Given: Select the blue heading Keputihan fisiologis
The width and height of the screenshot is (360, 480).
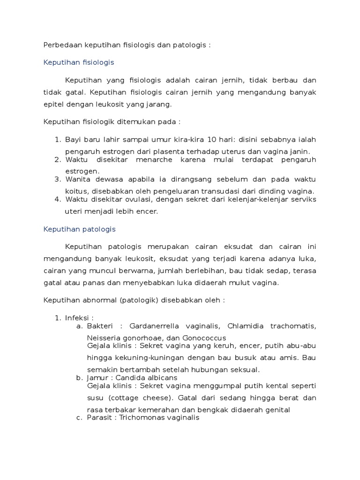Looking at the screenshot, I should click(x=79, y=62).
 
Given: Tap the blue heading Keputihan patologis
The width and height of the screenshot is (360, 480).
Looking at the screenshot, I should click(x=79, y=229).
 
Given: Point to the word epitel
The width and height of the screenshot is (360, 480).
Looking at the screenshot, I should click(x=52, y=104).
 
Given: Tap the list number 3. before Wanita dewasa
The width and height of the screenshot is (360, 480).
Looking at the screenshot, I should click(x=58, y=179).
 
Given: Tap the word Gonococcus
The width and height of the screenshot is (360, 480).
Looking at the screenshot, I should click(x=206, y=338).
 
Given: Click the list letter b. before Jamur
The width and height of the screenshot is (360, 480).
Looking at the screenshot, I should click(x=79, y=377).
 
